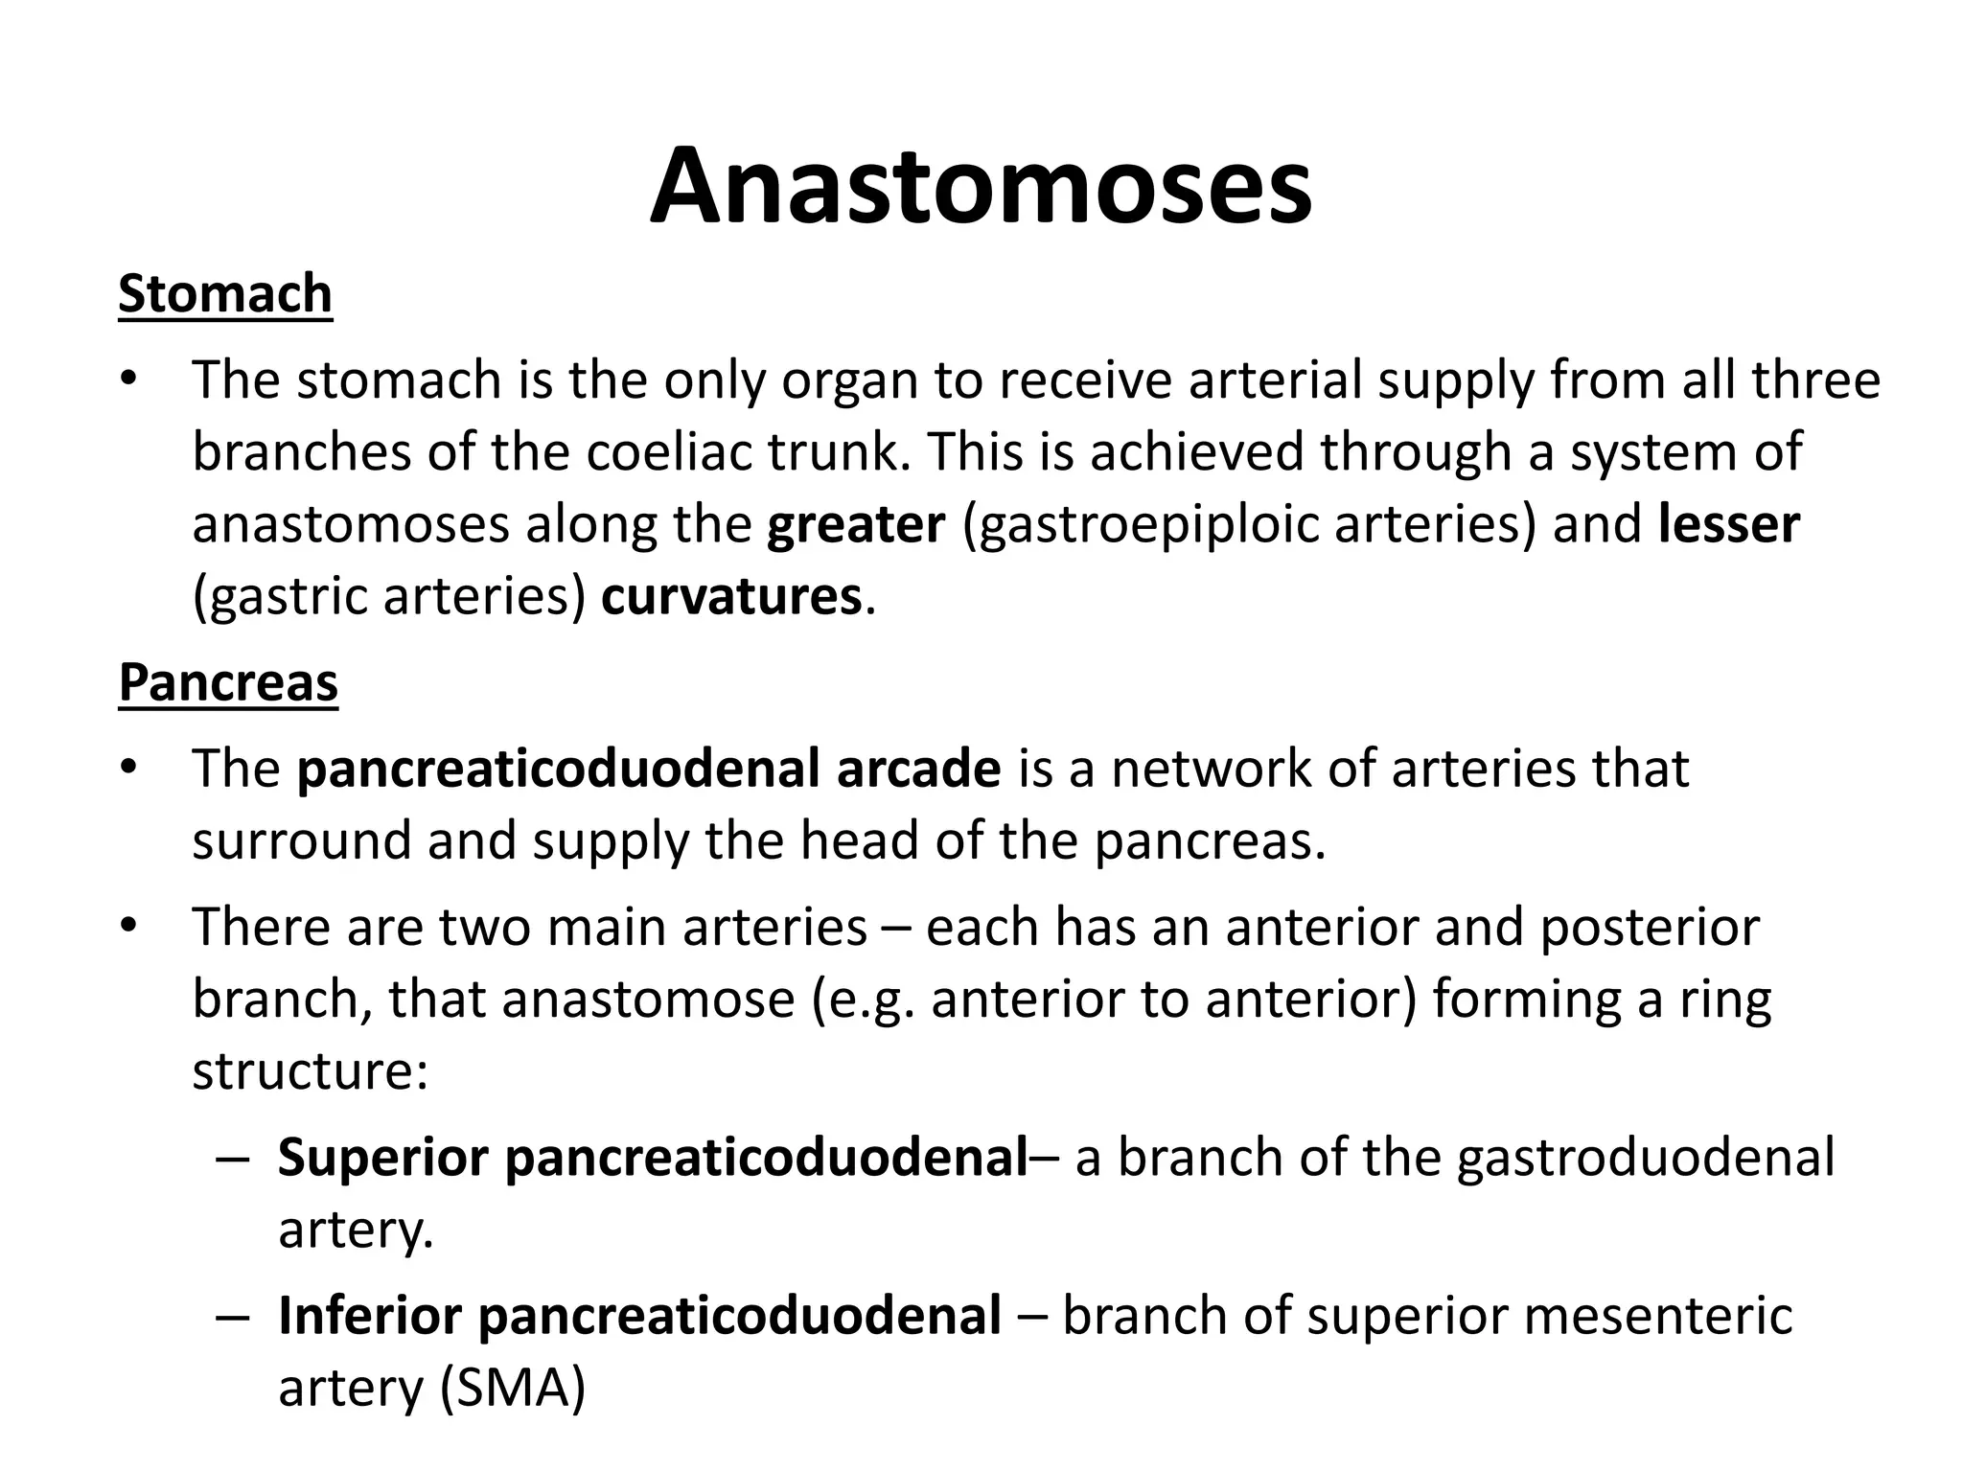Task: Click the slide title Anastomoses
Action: pos(981,186)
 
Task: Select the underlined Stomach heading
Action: pos(225,293)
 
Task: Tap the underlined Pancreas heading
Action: pos(228,682)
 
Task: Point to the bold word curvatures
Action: pos(731,596)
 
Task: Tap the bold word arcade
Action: pos(918,769)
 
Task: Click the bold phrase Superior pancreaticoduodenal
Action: pos(653,1157)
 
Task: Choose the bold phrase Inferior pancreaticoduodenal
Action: pos(639,1315)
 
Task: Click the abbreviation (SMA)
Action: pos(512,1387)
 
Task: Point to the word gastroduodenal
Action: pos(1645,1157)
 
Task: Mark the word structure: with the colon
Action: pos(310,1070)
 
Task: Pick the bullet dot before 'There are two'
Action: pos(129,927)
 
